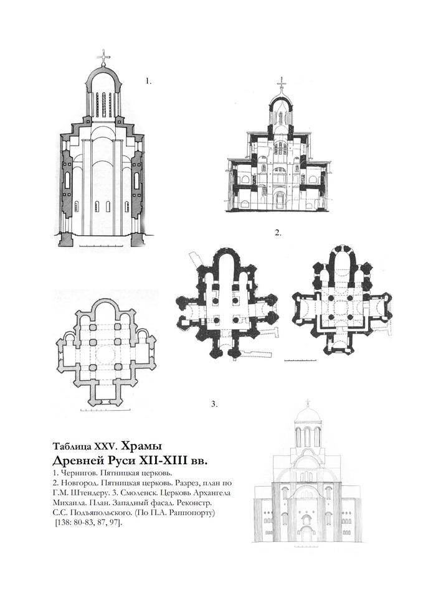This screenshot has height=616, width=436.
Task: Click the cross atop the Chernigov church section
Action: tap(103, 57)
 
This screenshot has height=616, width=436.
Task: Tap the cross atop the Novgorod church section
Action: tap(281, 85)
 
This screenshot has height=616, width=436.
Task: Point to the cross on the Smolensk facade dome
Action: tap(308, 403)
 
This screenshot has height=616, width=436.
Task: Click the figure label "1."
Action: tap(148, 81)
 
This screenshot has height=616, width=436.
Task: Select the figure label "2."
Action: tap(278, 233)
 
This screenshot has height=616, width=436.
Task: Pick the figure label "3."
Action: tap(214, 404)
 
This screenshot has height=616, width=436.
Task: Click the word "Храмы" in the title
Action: tap(141, 446)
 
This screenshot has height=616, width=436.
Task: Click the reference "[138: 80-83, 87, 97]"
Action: tap(88, 522)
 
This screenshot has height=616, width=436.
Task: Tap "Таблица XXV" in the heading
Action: tap(83, 446)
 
